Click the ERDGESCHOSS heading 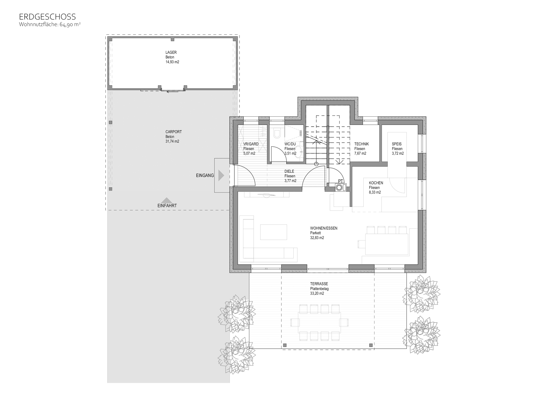(x=47, y=17)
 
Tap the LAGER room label (x=171, y=52)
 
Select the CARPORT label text (x=173, y=132)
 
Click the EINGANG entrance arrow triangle (x=221, y=176)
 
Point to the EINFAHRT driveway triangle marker (x=166, y=200)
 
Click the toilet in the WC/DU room (x=276, y=133)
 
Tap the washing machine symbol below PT (x=340, y=187)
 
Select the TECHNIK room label (x=361, y=144)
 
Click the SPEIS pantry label (x=397, y=144)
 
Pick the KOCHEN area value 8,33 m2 (x=375, y=192)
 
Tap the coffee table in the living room (x=273, y=232)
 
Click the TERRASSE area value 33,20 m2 (x=317, y=294)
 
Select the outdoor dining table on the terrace (x=320, y=323)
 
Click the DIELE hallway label (x=289, y=171)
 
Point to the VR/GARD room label (x=251, y=144)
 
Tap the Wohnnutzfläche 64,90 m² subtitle (x=50, y=24)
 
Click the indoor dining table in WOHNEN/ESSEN (x=387, y=244)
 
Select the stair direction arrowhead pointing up (x=316, y=142)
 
